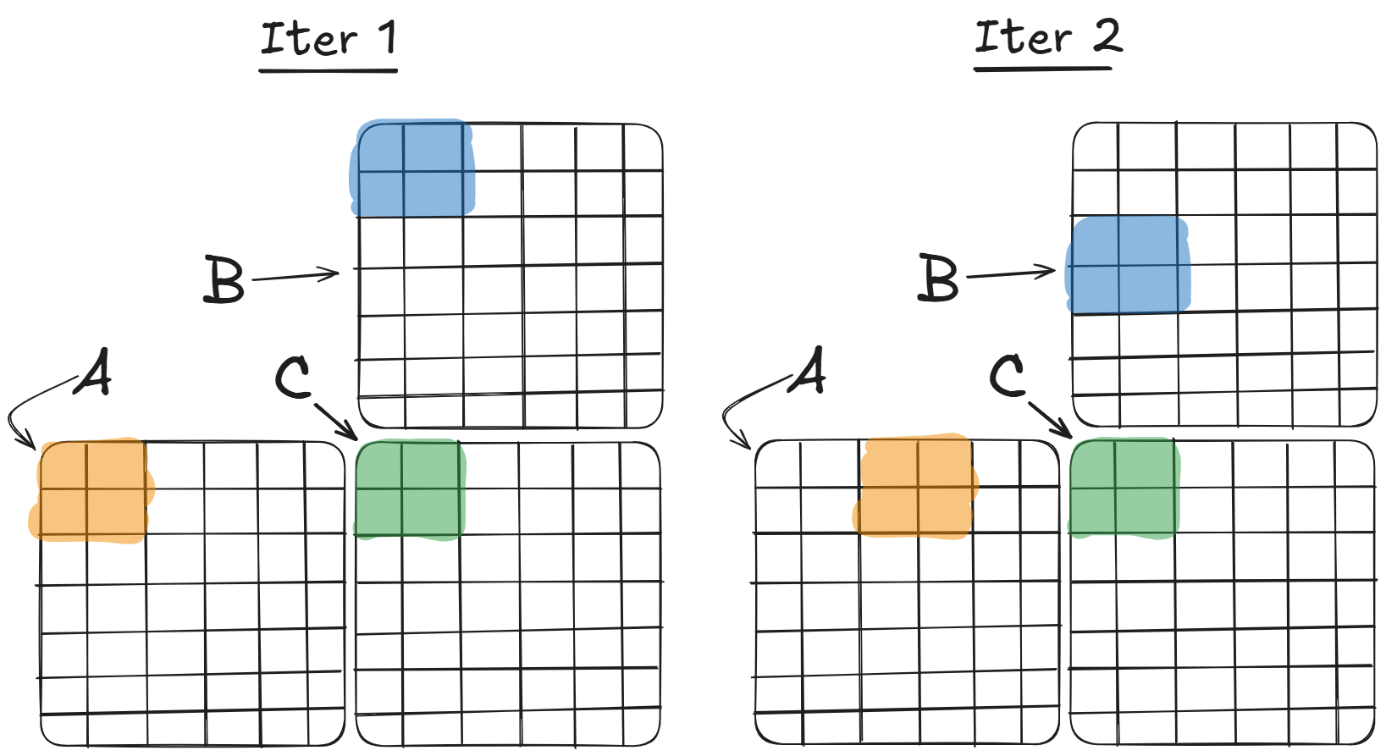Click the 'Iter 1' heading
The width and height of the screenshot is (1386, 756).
329,40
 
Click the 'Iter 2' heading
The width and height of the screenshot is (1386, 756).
1047,38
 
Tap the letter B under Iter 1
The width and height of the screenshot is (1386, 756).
224,280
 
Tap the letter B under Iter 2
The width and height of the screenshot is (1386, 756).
938,279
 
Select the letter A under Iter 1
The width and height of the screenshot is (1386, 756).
94,372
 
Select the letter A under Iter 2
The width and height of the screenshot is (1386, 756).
809,371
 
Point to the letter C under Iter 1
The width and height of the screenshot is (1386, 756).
293,378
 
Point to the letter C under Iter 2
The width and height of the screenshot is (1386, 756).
1008,376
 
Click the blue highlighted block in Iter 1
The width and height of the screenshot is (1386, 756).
412,169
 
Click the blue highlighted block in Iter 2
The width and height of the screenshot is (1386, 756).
1128,266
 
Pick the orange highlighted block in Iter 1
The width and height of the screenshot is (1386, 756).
91,490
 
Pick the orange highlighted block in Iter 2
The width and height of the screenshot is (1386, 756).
915,487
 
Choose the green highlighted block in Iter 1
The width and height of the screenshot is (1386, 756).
410,489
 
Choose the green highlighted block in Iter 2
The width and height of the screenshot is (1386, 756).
1124,488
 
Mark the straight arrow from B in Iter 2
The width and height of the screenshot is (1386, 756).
1010,273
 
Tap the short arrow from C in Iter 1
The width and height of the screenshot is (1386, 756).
334,421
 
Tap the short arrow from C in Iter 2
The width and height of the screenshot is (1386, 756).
1050,418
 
